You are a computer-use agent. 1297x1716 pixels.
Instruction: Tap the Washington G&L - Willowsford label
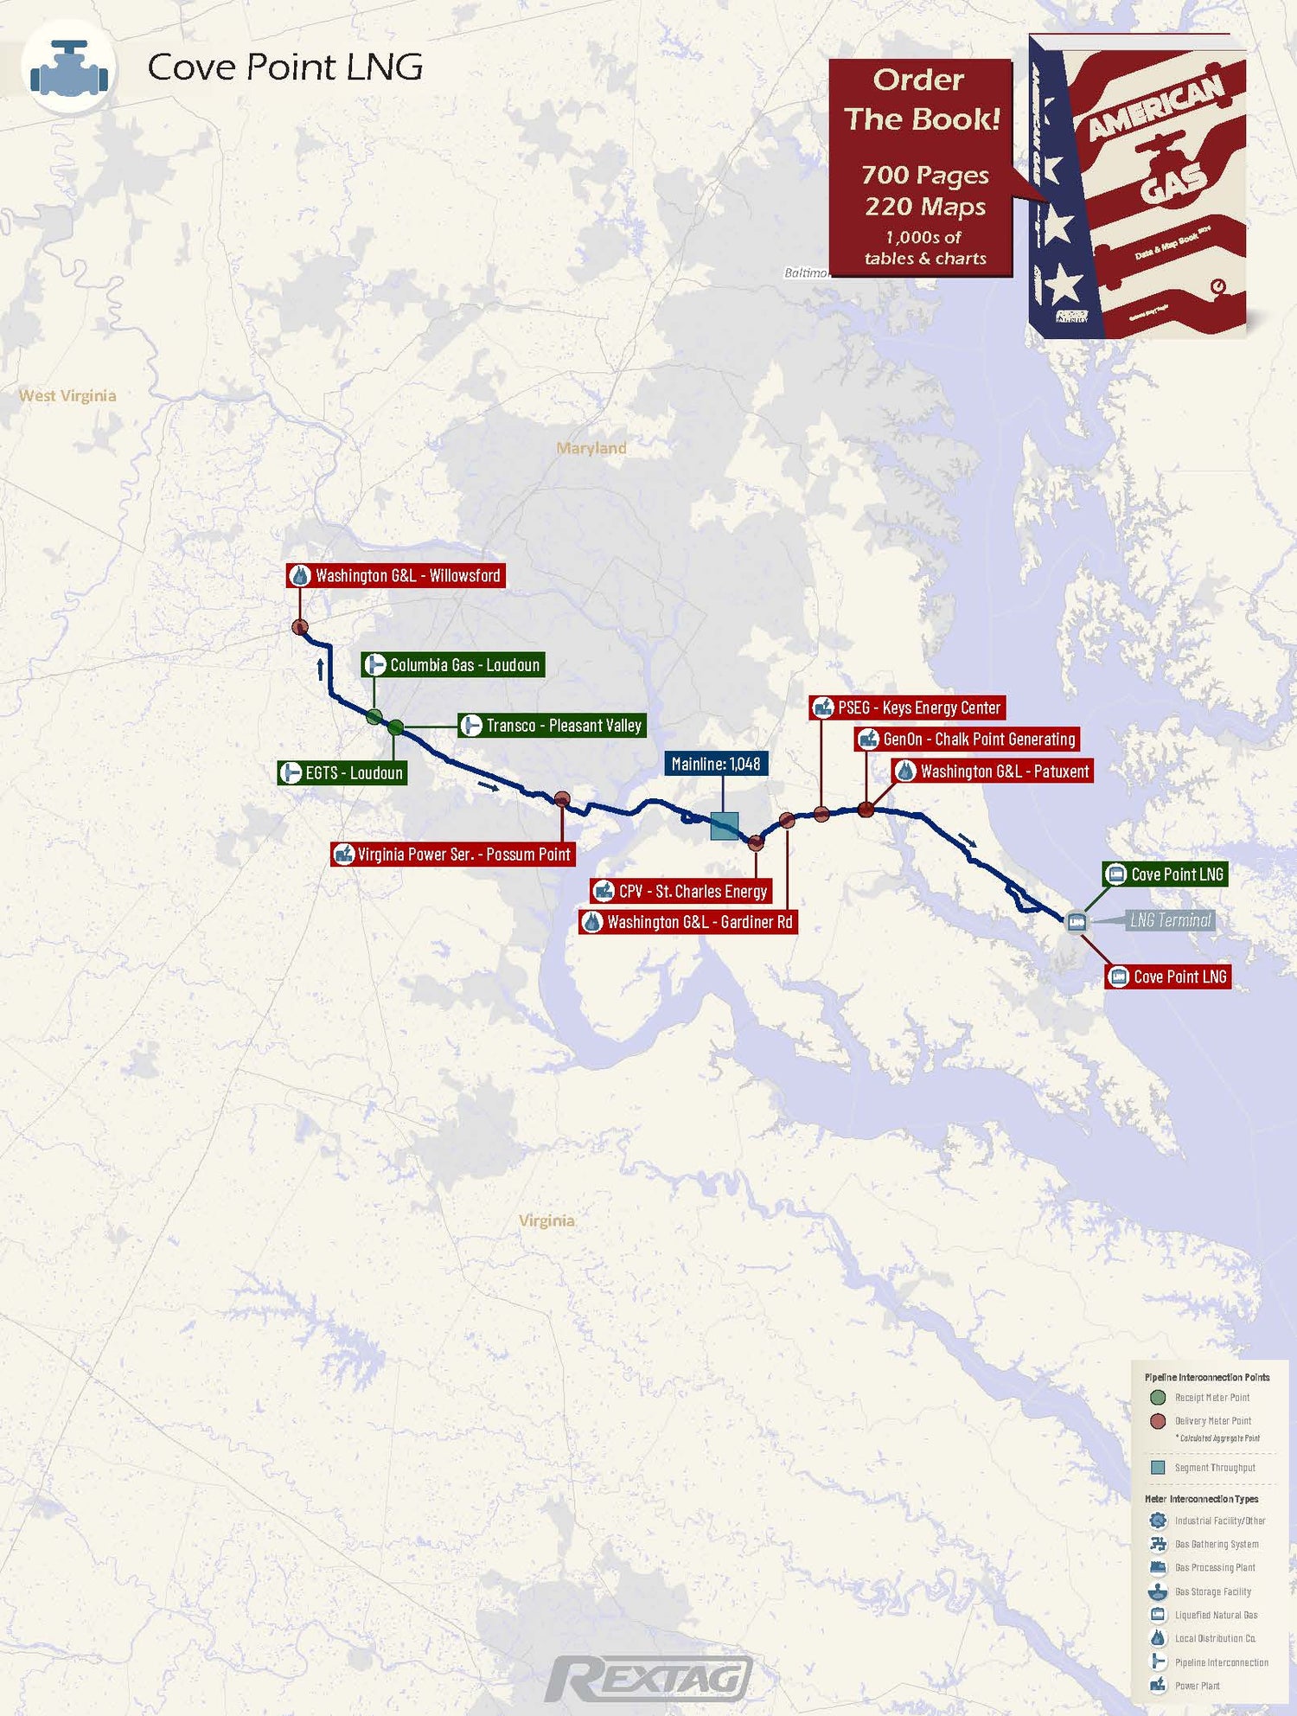tap(396, 576)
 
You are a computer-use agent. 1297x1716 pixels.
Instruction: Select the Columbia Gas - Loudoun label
tap(453, 665)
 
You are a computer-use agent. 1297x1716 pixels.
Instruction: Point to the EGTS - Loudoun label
tap(342, 773)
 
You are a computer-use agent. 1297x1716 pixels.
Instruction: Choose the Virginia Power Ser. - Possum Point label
tap(453, 855)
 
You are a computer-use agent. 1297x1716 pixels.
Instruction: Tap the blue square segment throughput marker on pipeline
tap(725, 826)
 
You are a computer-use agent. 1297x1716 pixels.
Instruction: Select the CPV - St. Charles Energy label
tap(681, 892)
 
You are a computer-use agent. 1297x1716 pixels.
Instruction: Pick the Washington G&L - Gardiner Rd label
tap(688, 922)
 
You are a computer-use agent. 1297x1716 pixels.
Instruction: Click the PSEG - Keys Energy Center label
tap(907, 708)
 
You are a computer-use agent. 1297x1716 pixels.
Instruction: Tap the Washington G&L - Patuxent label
tap(993, 772)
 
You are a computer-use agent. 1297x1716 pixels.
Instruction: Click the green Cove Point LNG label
tap(1166, 874)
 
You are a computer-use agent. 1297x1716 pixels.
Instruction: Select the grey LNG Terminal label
tap(1170, 920)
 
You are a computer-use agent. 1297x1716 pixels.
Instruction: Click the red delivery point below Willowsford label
tap(300, 627)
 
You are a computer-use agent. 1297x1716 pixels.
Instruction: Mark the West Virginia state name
tap(67, 396)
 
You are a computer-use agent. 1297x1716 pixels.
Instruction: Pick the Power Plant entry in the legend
tap(1197, 1686)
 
